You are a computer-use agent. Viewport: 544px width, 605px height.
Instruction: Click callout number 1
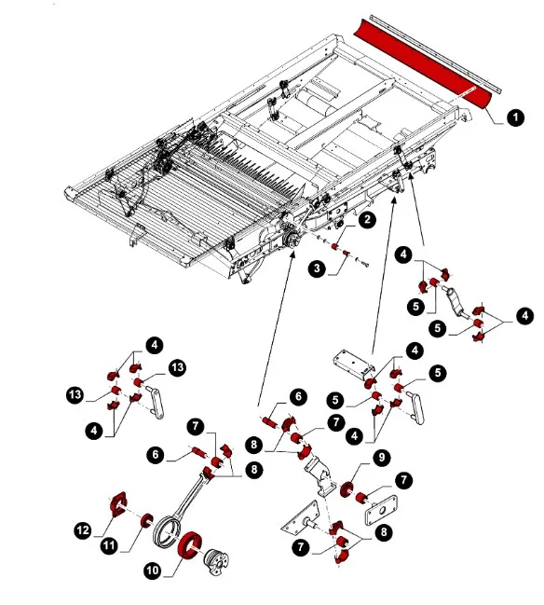[x=515, y=117]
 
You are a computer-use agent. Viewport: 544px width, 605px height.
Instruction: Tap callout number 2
[x=367, y=220]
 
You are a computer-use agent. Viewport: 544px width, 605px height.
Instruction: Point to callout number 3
[x=317, y=268]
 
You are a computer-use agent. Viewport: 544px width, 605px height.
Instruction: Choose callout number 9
[x=381, y=458]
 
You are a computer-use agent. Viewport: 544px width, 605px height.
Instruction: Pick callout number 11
[x=110, y=545]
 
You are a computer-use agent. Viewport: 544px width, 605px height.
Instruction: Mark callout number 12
[x=83, y=530]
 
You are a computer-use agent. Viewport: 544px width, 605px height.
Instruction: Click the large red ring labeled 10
[x=190, y=546]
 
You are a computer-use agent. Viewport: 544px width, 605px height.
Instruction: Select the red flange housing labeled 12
[x=117, y=505]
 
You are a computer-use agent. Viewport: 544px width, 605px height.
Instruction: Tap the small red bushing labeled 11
[x=146, y=520]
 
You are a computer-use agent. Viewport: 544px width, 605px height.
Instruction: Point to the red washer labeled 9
[x=347, y=488]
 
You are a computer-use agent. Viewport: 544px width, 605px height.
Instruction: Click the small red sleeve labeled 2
[x=334, y=246]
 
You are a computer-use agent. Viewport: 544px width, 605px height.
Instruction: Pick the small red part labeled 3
[x=346, y=253]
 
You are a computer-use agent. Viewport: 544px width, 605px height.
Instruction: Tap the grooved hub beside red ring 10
[x=215, y=561]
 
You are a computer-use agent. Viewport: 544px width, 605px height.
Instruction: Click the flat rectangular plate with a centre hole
[x=381, y=510]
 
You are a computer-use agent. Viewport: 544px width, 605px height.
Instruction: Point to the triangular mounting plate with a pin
[x=301, y=519]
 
